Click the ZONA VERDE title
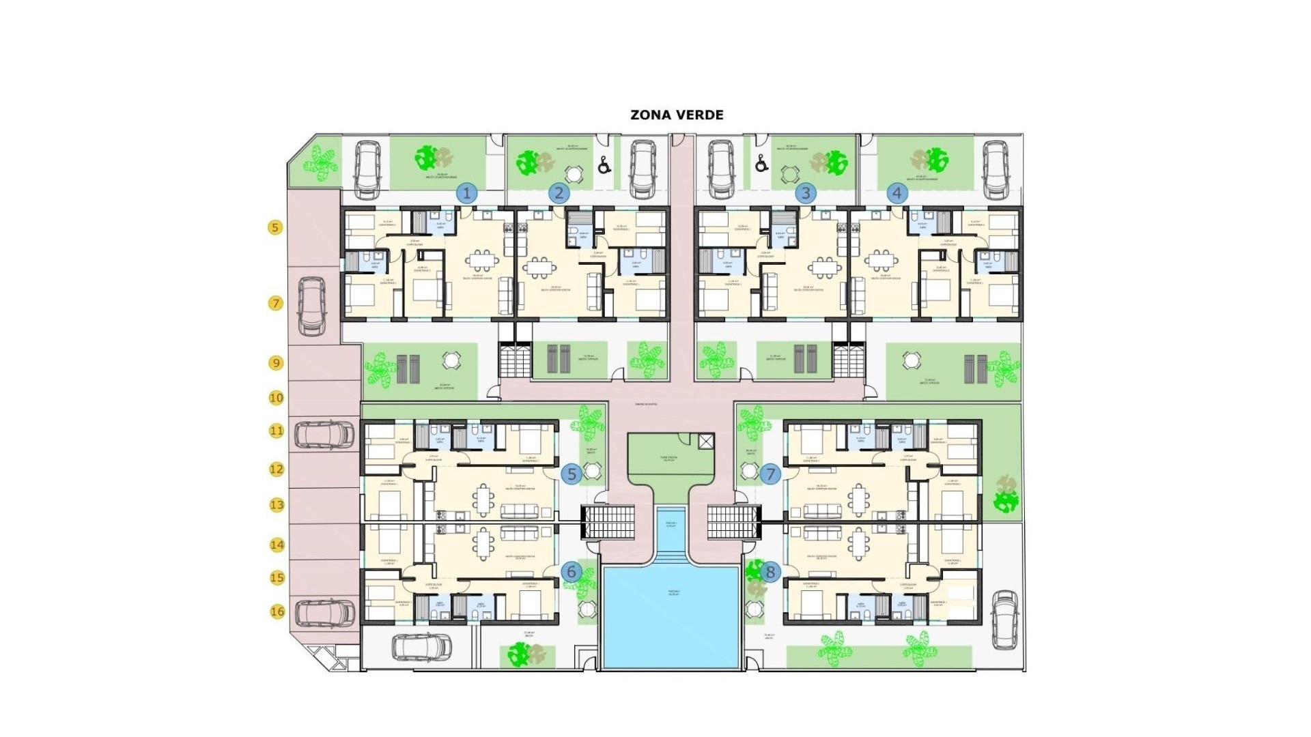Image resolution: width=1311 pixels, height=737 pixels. click(x=677, y=115)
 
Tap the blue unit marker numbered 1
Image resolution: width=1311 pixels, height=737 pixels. click(x=467, y=194)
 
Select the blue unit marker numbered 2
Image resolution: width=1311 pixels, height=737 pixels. click(x=559, y=193)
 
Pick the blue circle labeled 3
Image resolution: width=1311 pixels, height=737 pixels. click(x=806, y=193)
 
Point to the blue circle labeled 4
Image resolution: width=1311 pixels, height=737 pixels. click(x=897, y=193)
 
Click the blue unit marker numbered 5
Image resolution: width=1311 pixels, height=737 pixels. click(x=572, y=474)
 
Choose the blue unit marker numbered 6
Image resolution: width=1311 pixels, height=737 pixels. click(x=572, y=572)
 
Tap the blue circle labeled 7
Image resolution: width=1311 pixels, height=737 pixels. click(x=770, y=474)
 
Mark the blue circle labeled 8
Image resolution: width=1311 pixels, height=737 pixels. click(x=770, y=572)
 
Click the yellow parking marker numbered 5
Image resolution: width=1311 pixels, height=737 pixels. click(x=275, y=227)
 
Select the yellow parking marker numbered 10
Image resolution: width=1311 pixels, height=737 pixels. click(x=276, y=398)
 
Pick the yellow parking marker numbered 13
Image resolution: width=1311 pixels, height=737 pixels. click(x=277, y=505)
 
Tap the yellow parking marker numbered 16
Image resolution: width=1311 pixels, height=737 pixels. click(x=277, y=611)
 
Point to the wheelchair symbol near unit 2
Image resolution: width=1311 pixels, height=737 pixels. click(x=604, y=164)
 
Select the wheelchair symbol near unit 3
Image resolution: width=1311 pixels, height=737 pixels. click(x=761, y=164)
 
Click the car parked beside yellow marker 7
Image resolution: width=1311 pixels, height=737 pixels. click(x=311, y=306)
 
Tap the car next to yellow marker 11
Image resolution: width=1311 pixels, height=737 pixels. click(x=325, y=435)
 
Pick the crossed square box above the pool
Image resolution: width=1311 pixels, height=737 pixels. click(x=705, y=442)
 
